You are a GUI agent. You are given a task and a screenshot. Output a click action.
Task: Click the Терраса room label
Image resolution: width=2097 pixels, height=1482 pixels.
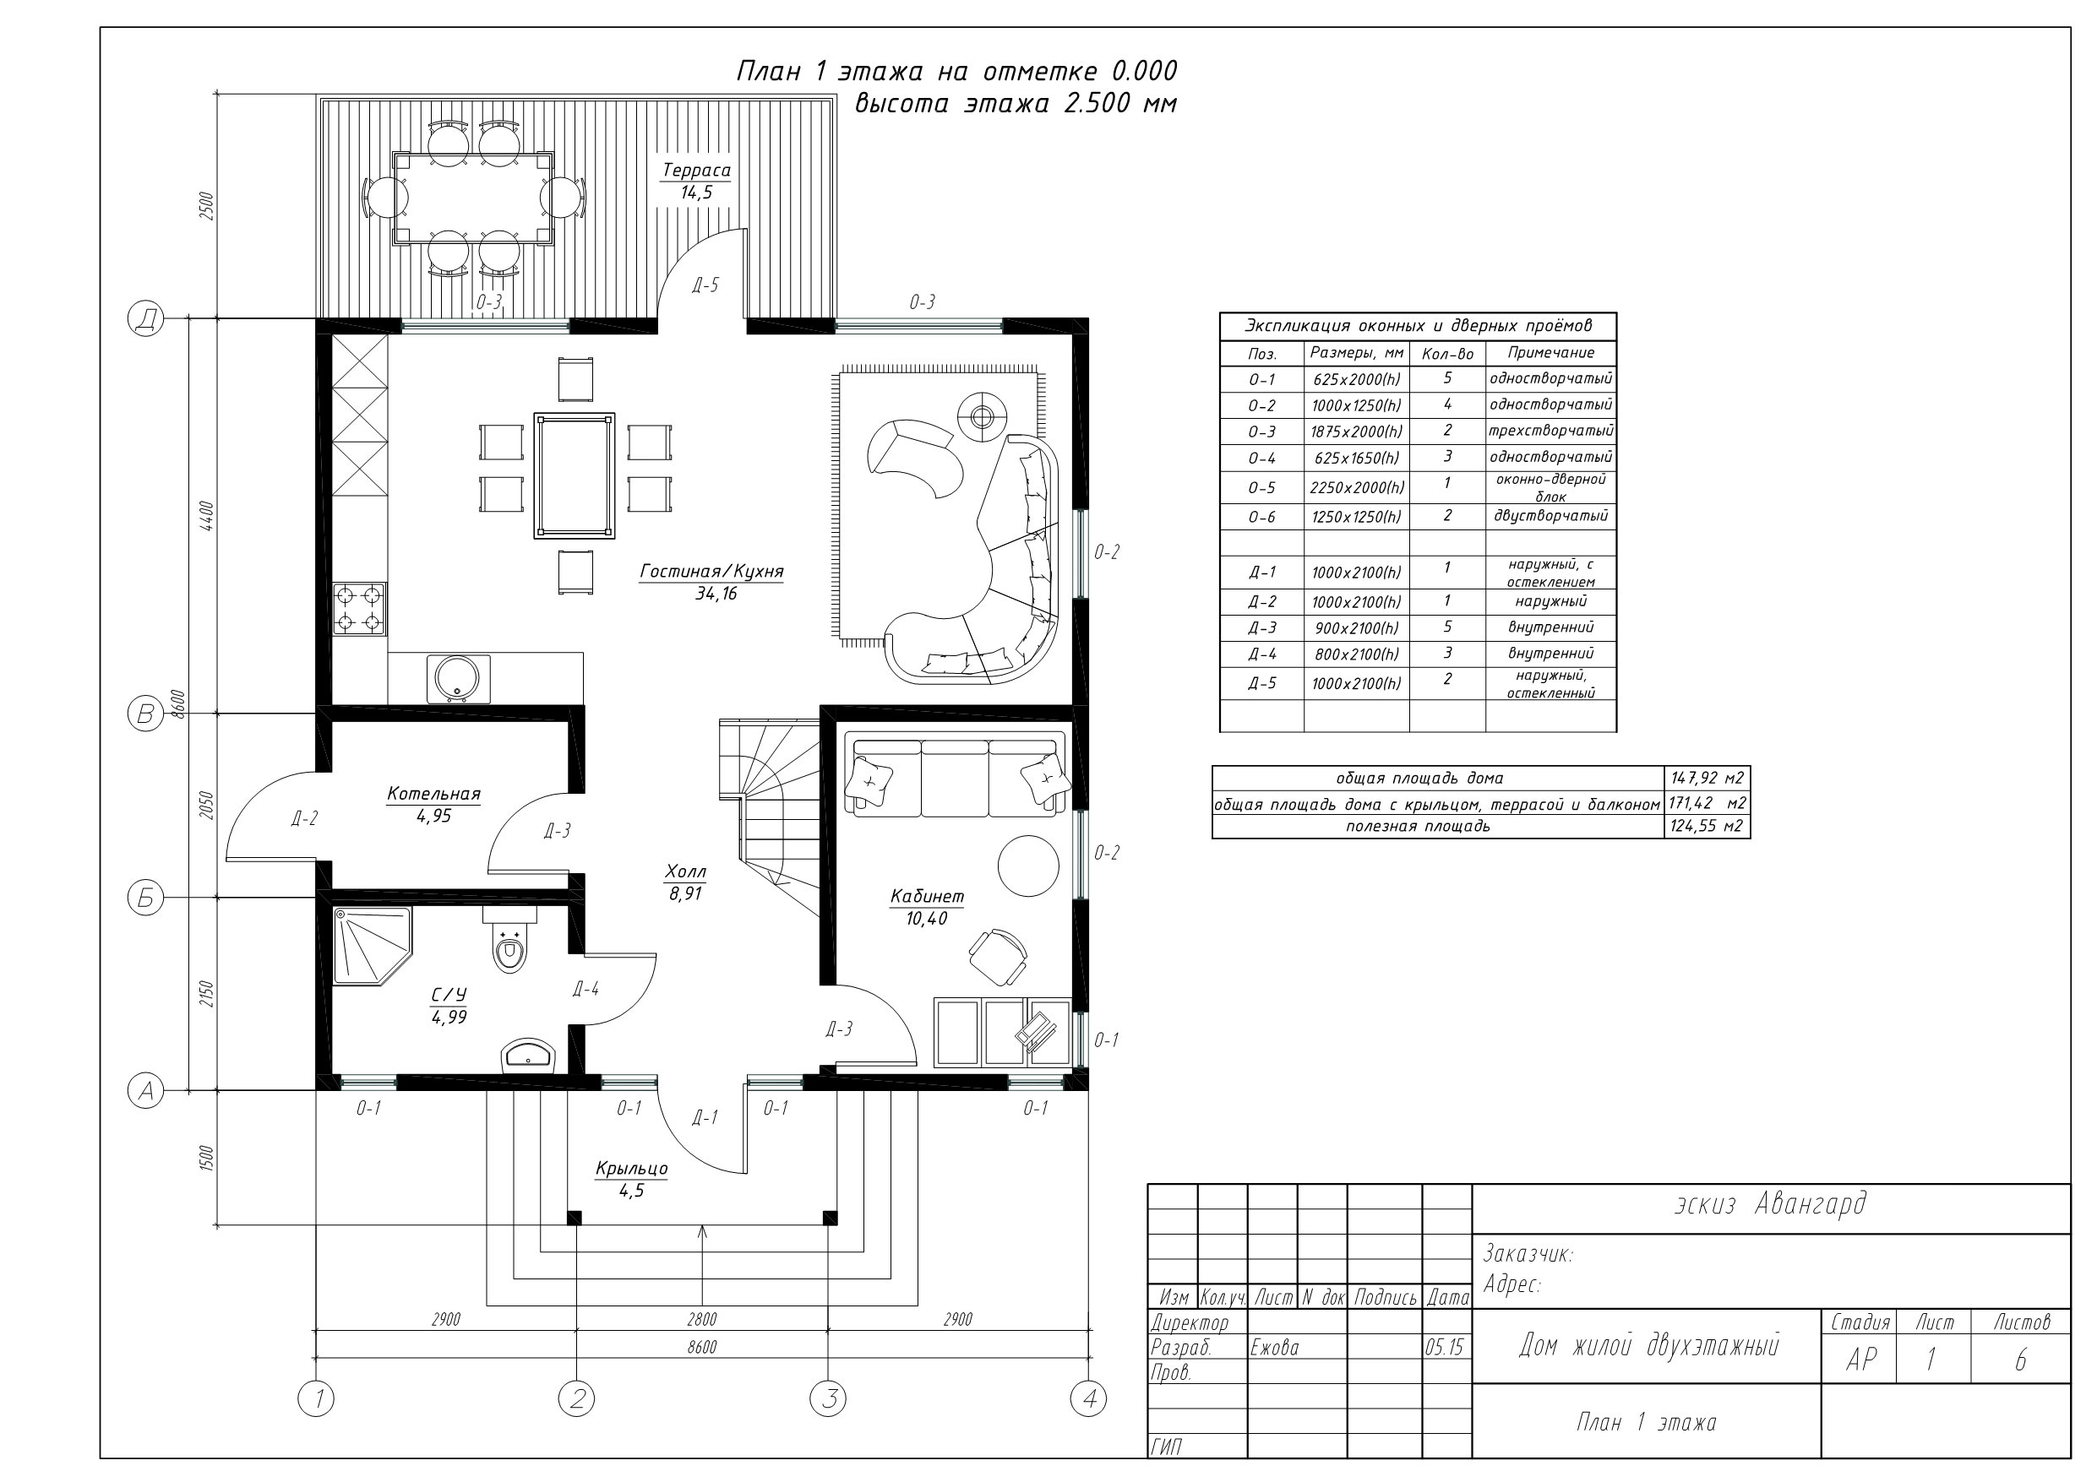[696, 171]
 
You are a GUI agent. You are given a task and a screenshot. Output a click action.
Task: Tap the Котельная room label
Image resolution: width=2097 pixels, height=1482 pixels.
[433, 794]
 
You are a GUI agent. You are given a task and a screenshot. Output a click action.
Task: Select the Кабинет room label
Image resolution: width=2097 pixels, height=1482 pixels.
[927, 897]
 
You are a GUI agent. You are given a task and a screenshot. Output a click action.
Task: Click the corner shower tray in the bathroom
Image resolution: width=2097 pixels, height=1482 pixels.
[371, 944]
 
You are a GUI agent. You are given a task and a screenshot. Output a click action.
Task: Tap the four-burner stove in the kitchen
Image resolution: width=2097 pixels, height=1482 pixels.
[359, 609]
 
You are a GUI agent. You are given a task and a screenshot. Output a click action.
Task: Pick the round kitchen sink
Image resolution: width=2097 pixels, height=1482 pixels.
[458, 678]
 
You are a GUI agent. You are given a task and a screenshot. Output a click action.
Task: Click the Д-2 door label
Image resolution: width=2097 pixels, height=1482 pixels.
[304, 818]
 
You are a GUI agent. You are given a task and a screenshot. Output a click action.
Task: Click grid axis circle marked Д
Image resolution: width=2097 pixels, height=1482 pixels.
[145, 318]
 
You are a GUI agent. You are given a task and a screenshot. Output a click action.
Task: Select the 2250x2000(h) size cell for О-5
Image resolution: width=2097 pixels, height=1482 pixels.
[1356, 487]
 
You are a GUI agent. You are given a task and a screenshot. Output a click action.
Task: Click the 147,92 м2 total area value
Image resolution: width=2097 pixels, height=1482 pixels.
[1707, 778]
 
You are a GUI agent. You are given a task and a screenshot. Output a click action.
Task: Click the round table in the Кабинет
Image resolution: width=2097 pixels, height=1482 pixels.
[1028, 866]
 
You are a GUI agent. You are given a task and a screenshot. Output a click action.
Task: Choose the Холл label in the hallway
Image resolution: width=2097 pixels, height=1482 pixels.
[685, 871]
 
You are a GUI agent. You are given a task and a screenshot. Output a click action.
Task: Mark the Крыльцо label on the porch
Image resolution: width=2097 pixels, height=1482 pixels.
[631, 1168]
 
